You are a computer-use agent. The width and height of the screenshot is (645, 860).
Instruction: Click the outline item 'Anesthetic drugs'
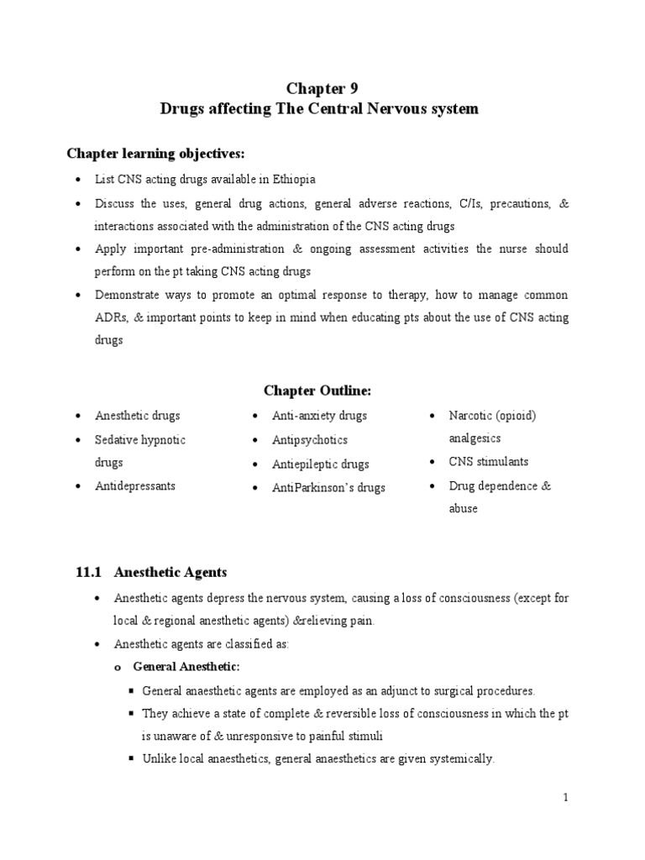[138, 416]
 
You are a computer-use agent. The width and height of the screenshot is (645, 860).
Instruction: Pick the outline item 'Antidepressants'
[135, 486]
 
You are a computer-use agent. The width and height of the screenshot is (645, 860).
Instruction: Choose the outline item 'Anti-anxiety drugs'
[319, 416]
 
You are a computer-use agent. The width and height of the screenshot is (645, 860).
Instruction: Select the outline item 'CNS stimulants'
[489, 462]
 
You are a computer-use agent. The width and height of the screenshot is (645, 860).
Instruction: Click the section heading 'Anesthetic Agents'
[170, 572]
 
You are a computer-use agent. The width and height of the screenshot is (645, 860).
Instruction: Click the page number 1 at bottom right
[566, 798]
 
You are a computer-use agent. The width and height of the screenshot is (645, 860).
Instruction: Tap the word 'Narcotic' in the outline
[472, 416]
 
